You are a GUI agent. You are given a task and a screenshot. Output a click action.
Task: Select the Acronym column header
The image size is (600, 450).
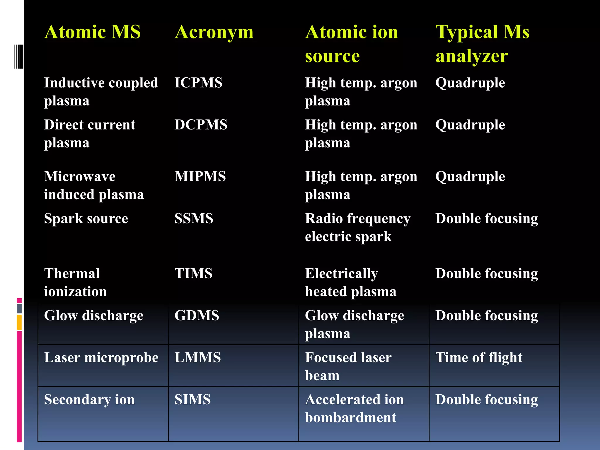click(214, 32)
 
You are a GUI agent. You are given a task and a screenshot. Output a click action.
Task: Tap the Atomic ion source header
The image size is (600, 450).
click(352, 44)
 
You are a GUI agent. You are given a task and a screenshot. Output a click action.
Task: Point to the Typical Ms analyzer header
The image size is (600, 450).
click(482, 44)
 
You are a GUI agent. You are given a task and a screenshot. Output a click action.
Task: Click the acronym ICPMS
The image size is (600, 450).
click(198, 83)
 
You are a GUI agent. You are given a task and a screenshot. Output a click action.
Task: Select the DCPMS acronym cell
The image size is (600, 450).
click(201, 125)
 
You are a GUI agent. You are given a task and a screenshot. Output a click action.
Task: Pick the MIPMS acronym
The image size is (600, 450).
click(200, 177)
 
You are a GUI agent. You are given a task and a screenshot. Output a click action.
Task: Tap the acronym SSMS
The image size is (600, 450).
click(194, 219)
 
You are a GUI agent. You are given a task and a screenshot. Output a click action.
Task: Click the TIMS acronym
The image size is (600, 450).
click(193, 274)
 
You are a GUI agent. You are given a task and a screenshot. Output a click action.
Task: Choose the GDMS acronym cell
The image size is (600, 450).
click(197, 316)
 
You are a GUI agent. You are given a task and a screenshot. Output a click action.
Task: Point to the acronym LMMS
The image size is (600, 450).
click(197, 358)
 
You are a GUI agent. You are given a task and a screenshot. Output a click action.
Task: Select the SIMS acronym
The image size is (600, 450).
click(192, 400)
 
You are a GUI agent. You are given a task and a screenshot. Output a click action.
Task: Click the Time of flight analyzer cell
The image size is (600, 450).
click(479, 358)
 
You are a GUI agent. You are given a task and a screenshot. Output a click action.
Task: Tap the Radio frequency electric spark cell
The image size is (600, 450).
click(357, 227)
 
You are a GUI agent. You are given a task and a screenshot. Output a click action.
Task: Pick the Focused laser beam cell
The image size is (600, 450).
click(348, 367)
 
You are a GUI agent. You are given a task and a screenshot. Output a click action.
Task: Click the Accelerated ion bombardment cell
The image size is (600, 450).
click(354, 408)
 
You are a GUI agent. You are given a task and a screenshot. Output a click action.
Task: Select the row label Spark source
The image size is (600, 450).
click(86, 219)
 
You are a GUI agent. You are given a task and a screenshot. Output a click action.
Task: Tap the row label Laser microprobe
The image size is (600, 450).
click(101, 358)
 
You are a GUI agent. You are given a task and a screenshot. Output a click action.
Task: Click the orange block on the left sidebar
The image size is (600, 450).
click(19, 322)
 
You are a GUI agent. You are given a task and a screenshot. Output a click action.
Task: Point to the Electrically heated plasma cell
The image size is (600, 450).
click(350, 282)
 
